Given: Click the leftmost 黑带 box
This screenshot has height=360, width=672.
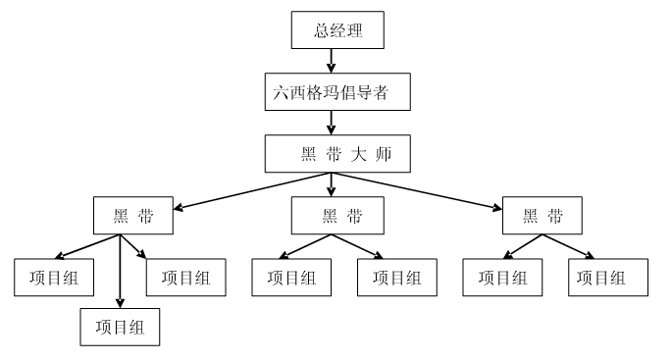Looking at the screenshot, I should coord(133,215).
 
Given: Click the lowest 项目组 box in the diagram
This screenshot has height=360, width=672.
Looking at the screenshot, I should coord(120,326).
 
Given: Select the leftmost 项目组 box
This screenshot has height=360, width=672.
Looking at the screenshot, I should coord(54,277).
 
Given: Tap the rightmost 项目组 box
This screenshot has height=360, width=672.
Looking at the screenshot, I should coord(608,277).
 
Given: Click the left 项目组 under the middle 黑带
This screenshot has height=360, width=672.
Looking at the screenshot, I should coord(291,277).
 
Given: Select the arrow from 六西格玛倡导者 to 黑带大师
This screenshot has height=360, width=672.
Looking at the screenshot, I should coord(331,123).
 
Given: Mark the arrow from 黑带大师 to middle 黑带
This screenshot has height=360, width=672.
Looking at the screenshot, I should coord(332,183).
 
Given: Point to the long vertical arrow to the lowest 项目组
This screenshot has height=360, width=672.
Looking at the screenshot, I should coord(121,270).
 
